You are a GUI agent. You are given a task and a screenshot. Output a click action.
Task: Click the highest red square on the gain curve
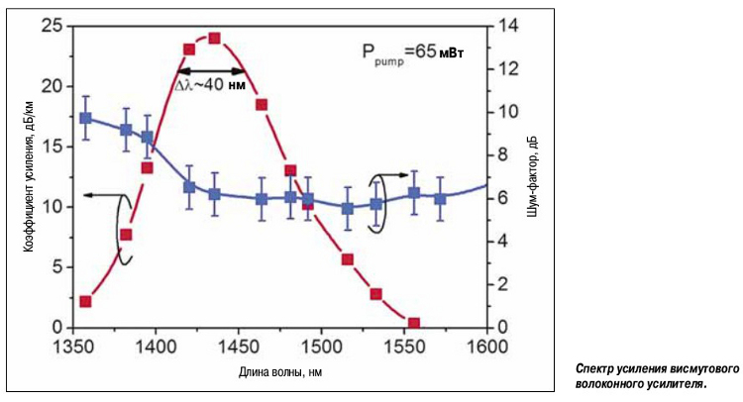point(214,39)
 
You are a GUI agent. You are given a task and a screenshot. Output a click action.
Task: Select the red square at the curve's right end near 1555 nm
point(414,324)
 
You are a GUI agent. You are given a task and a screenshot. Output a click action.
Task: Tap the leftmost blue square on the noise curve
point(86,118)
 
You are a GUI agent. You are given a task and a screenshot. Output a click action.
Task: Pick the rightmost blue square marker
point(440,198)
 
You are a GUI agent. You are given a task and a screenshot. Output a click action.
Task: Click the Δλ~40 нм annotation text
point(210,86)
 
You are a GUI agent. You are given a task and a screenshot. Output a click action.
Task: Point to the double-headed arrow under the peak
point(211,71)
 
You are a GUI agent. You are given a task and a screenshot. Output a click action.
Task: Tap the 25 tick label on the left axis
point(50,26)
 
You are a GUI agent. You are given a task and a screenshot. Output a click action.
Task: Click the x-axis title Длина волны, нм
point(280,372)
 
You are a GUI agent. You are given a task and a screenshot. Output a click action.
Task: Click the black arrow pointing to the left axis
point(99,196)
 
